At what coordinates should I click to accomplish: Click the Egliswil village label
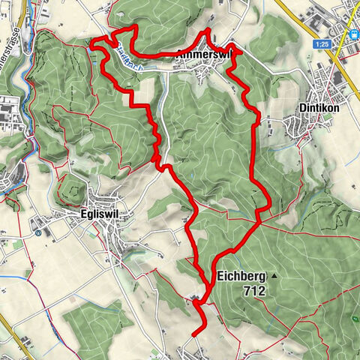click(x=97, y=214)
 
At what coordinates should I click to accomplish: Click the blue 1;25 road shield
click(x=322, y=45)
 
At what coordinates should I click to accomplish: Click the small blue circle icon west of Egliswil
click(x=37, y=232)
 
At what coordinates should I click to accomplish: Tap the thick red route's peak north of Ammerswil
click(x=208, y=30)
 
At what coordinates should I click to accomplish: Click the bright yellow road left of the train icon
click(x=335, y=45)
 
